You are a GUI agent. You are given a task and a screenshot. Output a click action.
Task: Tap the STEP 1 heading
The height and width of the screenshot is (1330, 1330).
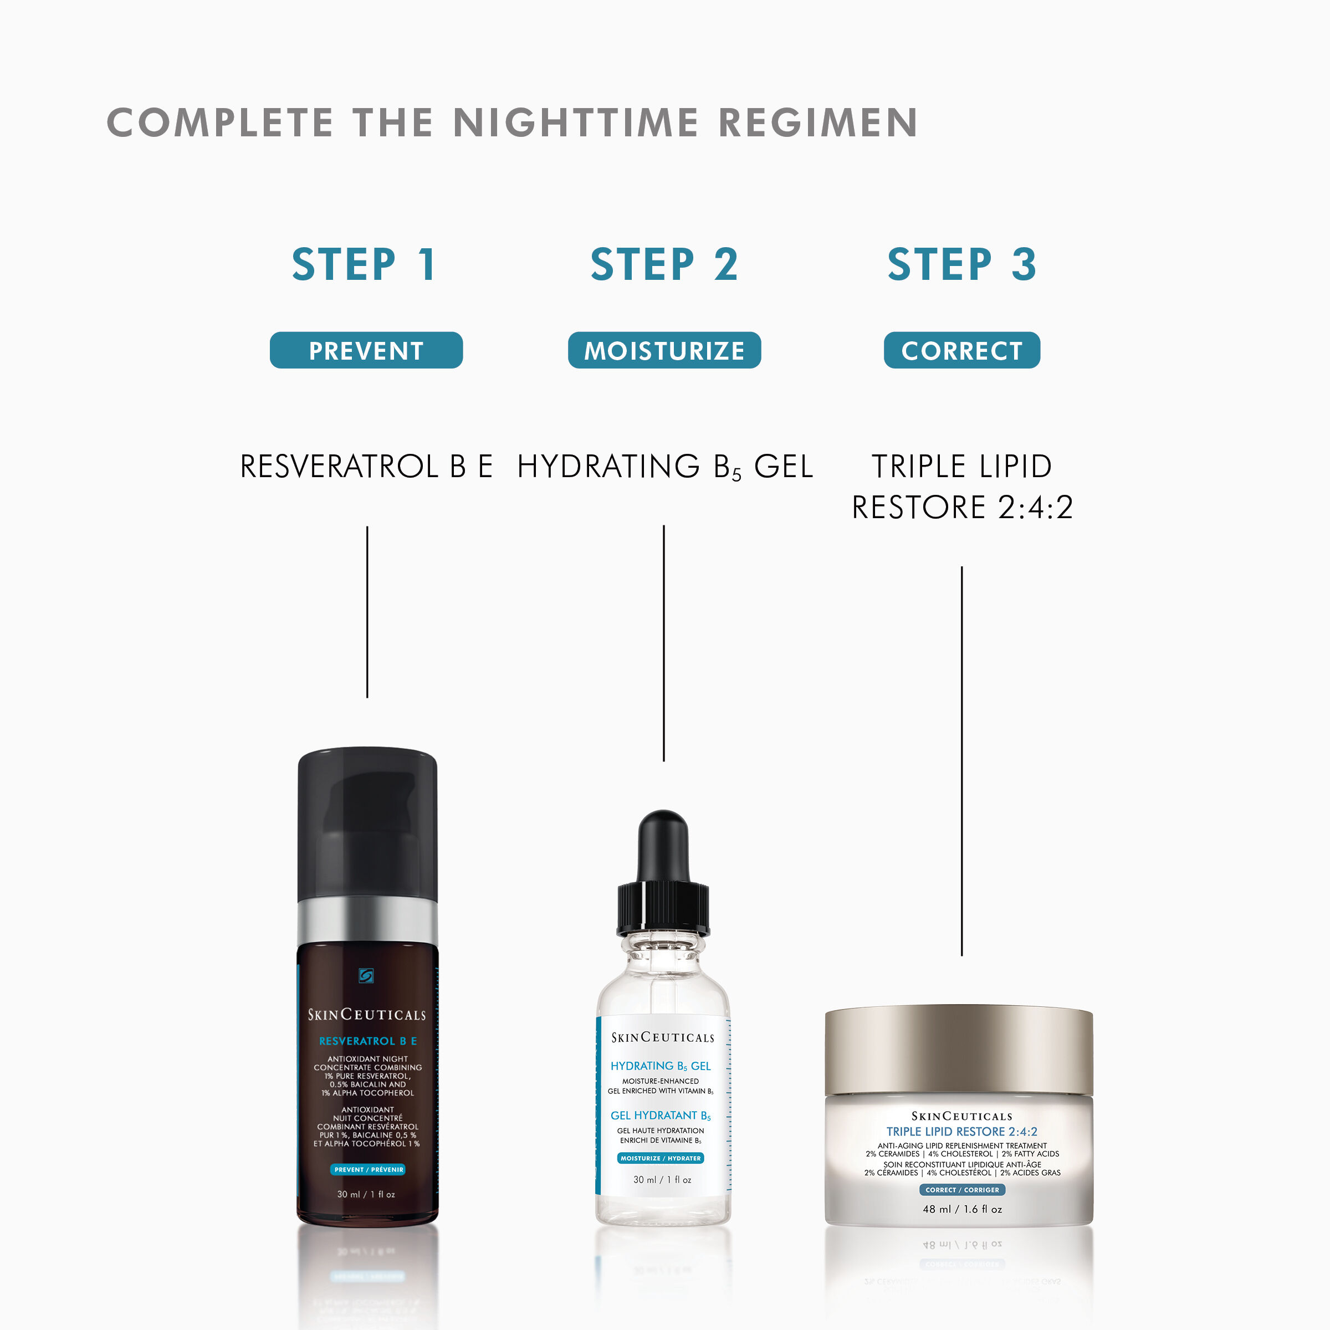(364, 264)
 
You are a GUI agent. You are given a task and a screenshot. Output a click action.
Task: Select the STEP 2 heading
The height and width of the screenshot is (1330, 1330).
(664, 264)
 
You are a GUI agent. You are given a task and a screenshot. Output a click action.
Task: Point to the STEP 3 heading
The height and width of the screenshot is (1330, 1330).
(961, 264)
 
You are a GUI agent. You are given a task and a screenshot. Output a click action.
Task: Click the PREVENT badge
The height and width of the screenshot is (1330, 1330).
(366, 350)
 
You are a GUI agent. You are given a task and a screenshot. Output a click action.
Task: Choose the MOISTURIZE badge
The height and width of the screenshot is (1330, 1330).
(664, 350)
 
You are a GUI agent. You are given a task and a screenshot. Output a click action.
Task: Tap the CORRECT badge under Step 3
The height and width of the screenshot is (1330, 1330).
(961, 350)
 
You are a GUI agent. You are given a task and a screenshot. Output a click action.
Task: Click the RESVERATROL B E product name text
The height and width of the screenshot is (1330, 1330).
(366, 467)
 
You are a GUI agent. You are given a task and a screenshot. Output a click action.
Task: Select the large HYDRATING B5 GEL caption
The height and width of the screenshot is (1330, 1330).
(664, 467)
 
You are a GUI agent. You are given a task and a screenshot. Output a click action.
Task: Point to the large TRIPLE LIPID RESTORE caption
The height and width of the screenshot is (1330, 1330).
(961, 487)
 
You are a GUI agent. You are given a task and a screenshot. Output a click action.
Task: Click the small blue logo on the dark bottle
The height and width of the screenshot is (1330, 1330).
(366, 975)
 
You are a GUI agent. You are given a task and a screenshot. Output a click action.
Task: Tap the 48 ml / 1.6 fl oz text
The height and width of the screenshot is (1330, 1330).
(961, 1209)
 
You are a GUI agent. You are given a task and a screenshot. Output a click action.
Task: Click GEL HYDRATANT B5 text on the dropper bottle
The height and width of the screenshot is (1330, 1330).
(660, 1115)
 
